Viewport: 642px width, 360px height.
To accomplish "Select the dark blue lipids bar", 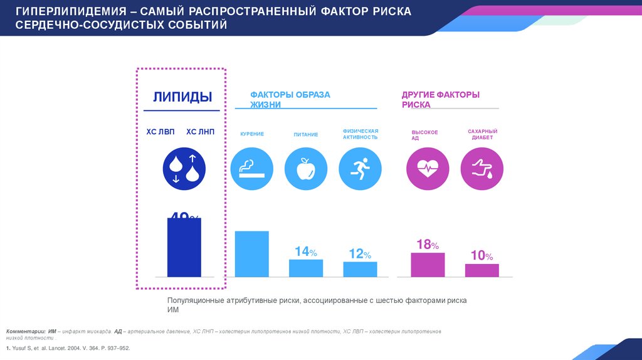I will [184, 247].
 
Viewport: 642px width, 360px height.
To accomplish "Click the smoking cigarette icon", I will [251, 167].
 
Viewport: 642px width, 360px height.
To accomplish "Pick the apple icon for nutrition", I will [305, 167].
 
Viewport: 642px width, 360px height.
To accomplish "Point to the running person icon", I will [360, 167].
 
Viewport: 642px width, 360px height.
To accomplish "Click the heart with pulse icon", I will [428, 167].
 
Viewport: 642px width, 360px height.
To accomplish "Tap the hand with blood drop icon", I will [481, 167].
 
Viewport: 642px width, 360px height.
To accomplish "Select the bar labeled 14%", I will [306, 268].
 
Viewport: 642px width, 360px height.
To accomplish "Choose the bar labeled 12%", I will [360, 269].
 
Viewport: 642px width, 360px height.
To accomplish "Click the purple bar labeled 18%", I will [428, 265].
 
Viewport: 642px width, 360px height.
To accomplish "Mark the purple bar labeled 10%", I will [481, 270].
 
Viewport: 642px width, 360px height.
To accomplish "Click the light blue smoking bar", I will [251, 254].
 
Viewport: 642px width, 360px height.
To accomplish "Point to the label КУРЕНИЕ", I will [251, 134].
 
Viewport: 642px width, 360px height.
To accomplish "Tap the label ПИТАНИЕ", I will [305, 134].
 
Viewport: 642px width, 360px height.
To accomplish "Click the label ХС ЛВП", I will [161, 132].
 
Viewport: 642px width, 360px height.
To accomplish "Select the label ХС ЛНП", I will [200, 132].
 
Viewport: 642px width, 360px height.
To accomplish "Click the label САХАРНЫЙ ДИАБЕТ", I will [481, 134].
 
